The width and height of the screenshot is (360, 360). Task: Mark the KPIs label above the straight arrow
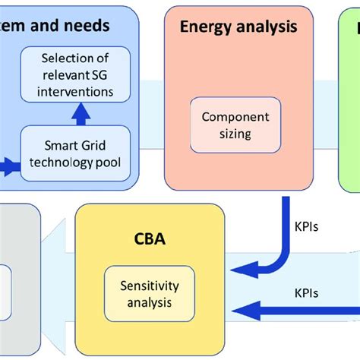pyautogui.click(x=308, y=291)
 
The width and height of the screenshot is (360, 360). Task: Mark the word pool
pyautogui.click(x=109, y=163)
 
